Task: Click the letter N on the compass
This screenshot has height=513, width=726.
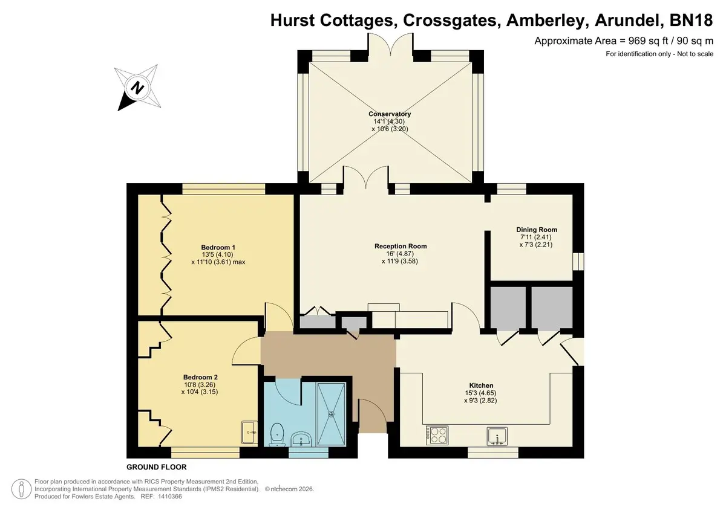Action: pos(137,88)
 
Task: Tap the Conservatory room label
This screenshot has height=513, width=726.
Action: pos(390,114)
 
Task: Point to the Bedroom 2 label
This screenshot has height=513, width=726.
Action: pos(200,377)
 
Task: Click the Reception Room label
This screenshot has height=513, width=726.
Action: pos(401,247)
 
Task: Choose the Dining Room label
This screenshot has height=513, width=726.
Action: pos(537,230)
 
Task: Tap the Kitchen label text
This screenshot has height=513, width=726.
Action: pos(482,386)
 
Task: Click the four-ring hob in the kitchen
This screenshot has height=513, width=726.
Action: pos(437,435)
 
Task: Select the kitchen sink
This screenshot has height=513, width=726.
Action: pos(497,436)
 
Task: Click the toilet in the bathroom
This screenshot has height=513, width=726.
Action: pos(277,434)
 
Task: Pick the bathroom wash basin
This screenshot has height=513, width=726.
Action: pos(301,439)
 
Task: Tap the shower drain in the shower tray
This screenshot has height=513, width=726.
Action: pos(332,414)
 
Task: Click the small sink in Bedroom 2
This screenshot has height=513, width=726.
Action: pos(249,433)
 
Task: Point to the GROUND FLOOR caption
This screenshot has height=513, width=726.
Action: pos(157,467)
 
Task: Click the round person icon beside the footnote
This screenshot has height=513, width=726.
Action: pos(21,489)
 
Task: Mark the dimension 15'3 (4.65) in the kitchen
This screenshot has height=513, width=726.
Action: pos(480,393)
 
